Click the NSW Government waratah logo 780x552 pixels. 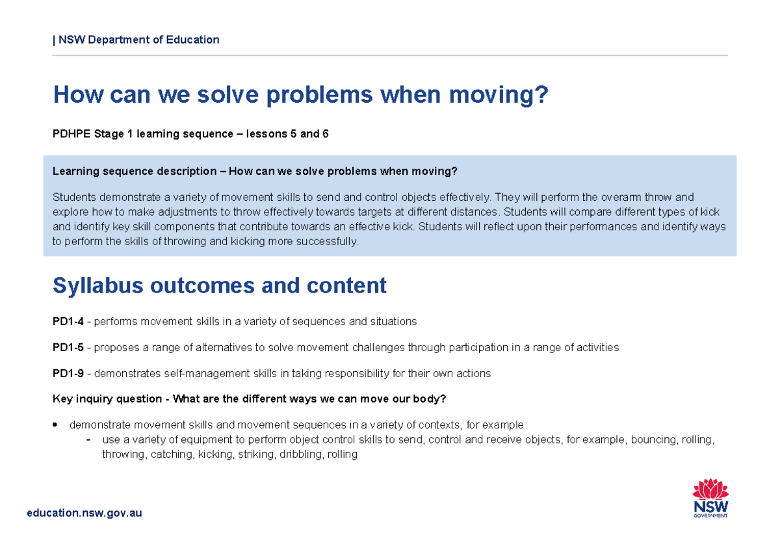(710, 497)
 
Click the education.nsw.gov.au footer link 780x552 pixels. (84, 513)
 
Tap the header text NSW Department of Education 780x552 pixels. (138, 40)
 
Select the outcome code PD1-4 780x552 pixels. (68, 321)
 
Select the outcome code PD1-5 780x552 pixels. (68, 347)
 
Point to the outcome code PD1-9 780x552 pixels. (68, 373)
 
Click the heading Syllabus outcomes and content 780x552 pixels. (220, 285)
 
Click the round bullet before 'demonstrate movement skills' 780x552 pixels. (56, 425)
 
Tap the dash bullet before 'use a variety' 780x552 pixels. (88, 440)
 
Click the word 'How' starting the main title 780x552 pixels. (79, 95)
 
